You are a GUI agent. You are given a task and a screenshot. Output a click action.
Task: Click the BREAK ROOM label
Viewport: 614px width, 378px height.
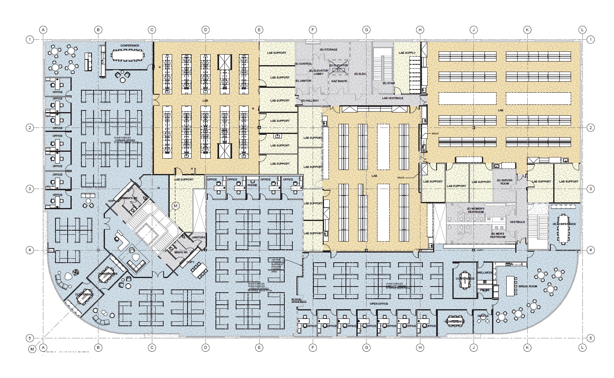click(527, 287)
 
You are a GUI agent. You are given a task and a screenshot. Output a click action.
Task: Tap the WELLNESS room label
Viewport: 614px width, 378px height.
click(484, 273)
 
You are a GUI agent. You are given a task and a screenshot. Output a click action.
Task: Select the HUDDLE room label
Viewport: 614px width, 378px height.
click(483, 316)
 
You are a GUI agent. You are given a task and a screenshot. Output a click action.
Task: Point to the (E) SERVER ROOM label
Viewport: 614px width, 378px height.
click(504, 182)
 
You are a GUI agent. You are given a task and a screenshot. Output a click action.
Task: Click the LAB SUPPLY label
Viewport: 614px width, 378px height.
click(407, 53)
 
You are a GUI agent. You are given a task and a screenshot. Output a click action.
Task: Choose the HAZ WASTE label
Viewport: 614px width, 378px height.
click(339, 81)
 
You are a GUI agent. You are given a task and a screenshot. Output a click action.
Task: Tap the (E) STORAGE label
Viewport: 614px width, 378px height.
click(328, 49)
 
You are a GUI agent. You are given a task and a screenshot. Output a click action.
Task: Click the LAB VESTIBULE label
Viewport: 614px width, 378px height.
click(392, 98)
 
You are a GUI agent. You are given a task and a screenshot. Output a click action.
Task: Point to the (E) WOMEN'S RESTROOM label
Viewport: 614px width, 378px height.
click(475, 210)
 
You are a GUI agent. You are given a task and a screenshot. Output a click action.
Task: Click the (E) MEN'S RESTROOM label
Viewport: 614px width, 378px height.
click(497, 235)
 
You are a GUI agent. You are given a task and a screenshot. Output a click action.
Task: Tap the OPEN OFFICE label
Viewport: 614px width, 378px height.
click(379, 304)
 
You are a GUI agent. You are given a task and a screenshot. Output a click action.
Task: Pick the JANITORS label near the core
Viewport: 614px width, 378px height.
click(198, 237)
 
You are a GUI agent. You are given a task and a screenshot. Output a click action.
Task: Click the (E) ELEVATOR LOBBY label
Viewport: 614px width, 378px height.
click(318, 72)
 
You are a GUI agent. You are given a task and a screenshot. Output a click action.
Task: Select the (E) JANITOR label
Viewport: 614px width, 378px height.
click(303, 81)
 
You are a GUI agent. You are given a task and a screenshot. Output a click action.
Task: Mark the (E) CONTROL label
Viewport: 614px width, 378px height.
click(303, 64)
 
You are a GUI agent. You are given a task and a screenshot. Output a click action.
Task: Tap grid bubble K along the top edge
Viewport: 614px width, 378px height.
click(527, 30)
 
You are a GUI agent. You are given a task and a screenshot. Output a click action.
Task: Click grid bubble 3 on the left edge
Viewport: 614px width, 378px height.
click(30, 189)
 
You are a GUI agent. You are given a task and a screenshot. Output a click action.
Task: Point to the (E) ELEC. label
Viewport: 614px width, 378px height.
click(360, 74)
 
